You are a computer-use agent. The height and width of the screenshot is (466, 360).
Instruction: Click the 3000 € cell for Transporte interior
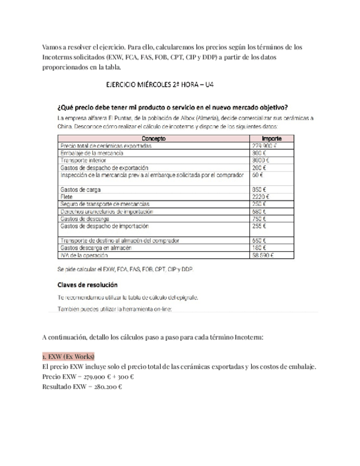pyautogui.click(x=261, y=160)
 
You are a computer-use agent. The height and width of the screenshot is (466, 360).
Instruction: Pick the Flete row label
pyautogui.click(x=65, y=196)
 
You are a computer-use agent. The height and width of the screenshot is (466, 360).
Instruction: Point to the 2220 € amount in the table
pyautogui.click(x=261, y=196)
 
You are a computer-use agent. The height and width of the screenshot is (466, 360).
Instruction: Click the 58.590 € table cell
pyautogui.click(x=264, y=255)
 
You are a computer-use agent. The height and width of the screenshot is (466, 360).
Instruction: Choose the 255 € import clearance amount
pyautogui.click(x=259, y=226)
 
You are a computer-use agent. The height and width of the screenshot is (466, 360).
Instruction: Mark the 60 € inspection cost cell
pyautogui.click(x=257, y=175)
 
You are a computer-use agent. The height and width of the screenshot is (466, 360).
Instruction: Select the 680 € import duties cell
pyautogui.click(x=259, y=211)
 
